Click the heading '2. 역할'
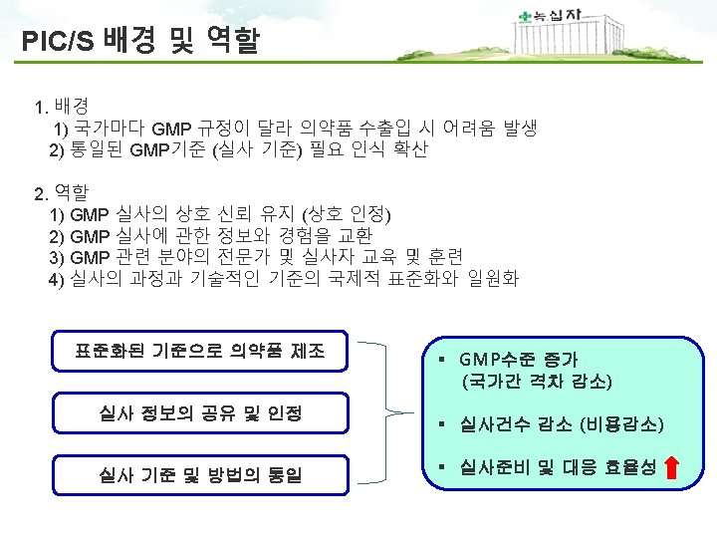pyautogui.click(x=61, y=191)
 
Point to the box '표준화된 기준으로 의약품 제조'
pyautogui.click(x=199, y=351)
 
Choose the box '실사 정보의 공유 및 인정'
pyautogui.click(x=199, y=412)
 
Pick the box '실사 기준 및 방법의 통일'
pyautogui.click(x=199, y=474)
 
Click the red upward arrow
pyautogui.click(x=672, y=467)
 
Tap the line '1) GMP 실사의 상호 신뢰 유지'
pyautogui.click(x=220, y=213)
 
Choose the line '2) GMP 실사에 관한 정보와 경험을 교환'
pyautogui.click(x=210, y=235)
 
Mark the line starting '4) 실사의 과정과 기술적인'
pyautogui.click(x=284, y=278)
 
